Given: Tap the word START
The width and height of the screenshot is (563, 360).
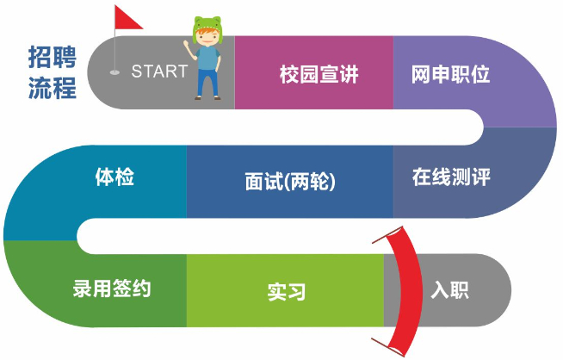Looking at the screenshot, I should click(158, 71).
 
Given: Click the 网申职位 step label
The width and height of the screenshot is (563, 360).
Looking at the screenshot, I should click(450, 74).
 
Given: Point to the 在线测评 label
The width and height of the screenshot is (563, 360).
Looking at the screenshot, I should click(450, 178).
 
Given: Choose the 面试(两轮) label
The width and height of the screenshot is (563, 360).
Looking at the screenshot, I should click(289, 183).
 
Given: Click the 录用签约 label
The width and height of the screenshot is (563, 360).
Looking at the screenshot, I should click(112, 288).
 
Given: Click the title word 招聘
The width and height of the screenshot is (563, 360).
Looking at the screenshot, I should click(51, 58).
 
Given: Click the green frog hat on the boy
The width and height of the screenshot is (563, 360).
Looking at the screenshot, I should click(207, 27).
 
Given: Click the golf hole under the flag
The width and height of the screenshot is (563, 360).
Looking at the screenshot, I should click(115, 73).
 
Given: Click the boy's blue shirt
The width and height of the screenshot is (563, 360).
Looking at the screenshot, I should click(207, 59).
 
